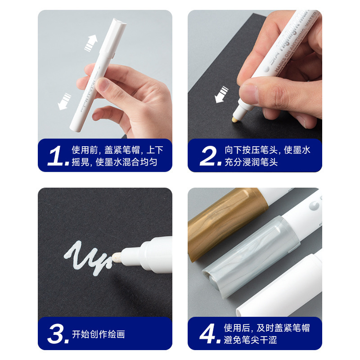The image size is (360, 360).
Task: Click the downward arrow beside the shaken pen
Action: (x=64, y=101)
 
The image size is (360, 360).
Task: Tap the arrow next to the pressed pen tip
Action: (x=221, y=94)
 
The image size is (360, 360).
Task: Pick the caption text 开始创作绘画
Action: (x=98, y=334)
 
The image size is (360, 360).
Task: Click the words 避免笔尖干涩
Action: (x=250, y=340)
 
